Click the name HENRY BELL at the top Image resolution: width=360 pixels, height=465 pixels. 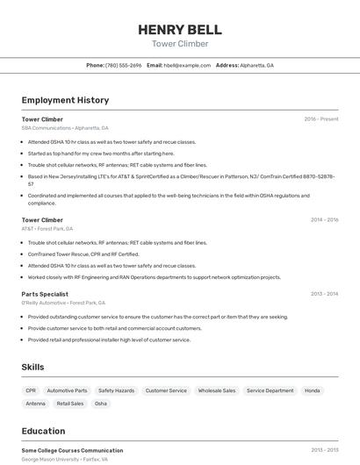click(180, 30)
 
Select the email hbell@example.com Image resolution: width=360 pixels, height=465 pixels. click(186, 65)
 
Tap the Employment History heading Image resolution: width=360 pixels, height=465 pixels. click(65, 100)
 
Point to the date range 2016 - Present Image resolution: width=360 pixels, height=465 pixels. click(320, 119)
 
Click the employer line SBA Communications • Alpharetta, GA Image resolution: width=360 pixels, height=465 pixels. click(65, 128)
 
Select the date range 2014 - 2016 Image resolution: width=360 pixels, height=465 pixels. click(324, 220)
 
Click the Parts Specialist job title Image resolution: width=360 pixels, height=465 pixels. click(45, 294)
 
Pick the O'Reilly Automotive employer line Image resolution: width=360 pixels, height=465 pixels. click(63, 303)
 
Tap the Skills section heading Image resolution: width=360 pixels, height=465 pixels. click(32, 367)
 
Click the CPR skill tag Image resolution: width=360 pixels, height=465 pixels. click(31, 390)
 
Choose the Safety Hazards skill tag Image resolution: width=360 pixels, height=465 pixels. click(116, 390)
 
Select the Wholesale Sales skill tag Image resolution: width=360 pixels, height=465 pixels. click(217, 390)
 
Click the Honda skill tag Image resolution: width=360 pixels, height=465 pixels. click(312, 390)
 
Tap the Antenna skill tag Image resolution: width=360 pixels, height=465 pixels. click(35, 404)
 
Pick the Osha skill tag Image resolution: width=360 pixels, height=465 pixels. click(101, 404)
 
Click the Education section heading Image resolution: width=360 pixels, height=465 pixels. click(43, 431)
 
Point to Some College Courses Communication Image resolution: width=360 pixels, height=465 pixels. click(72, 450)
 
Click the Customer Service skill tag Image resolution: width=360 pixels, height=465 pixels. click(166, 390)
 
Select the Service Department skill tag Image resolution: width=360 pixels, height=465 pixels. click(270, 390)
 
